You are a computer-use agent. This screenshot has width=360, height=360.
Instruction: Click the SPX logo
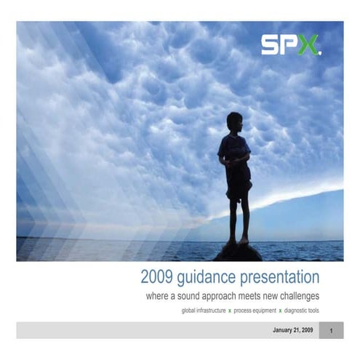click(x=290, y=46)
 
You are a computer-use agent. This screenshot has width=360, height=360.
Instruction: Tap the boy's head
click(x=234, y=121)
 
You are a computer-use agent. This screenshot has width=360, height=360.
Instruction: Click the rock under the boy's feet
click(x=237, y=252)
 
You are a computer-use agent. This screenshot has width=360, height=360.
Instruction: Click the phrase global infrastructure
click(x=203, y=311)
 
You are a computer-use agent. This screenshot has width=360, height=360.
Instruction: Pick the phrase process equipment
click(x=254, y=311)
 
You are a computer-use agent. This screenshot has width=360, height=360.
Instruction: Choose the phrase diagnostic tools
click(x=302, y=311)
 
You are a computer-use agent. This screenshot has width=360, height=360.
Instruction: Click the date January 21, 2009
click(x=292, y=330)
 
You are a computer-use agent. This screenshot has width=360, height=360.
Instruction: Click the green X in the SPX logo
click(x=308, y=46)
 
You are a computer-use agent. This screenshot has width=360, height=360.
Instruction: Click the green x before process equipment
click(x=230, y=311)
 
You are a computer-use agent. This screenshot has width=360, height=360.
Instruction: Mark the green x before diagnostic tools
click(x=280, y=311)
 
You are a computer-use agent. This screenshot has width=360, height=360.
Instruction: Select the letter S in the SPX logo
click(x=271, y=46)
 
